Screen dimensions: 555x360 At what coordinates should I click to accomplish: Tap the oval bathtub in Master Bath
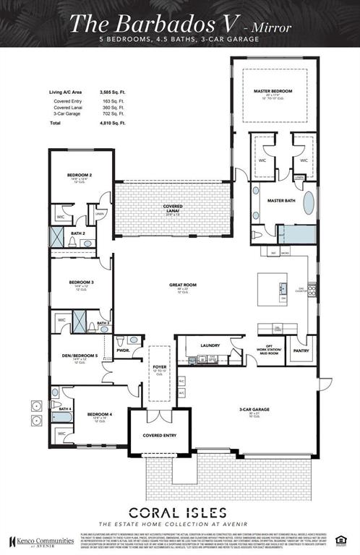(x=309, y=203)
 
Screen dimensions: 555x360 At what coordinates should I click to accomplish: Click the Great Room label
(x=179, y=285)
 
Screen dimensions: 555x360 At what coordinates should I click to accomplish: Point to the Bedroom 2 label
(x=80, y=175)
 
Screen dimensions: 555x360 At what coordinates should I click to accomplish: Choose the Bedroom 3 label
(x=81, y=282)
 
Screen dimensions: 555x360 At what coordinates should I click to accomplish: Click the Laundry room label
(x=210, y=345)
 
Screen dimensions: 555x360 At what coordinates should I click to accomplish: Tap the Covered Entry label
(x=158, y=435)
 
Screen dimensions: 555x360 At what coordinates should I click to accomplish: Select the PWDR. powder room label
(x=124, y=350)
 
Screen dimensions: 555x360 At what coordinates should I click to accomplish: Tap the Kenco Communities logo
(x=36, y=541)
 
